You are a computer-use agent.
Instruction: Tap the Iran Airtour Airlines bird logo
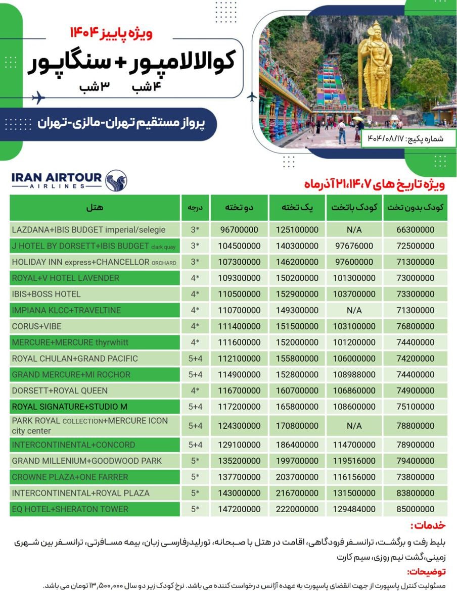pos(116,180)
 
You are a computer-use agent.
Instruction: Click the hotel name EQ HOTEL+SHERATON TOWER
pos(70,509)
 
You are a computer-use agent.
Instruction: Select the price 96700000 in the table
pos(239,230)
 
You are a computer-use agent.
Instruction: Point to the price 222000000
pos(297,509)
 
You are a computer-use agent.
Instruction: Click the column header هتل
pos(95,207)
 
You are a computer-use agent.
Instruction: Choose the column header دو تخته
pos(239,207)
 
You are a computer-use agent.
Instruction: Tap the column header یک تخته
pos(297,207)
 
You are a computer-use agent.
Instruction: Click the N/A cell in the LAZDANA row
pos(354,230)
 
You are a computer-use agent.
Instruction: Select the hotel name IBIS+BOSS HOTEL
pos(46,294)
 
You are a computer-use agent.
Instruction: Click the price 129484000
pos(354,509)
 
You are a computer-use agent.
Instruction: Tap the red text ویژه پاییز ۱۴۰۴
pos(111,34)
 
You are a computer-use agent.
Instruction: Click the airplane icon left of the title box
pos(37,98)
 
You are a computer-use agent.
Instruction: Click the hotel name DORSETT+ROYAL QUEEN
pos(60,390)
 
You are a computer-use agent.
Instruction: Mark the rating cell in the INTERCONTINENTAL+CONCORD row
pos(195,445)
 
